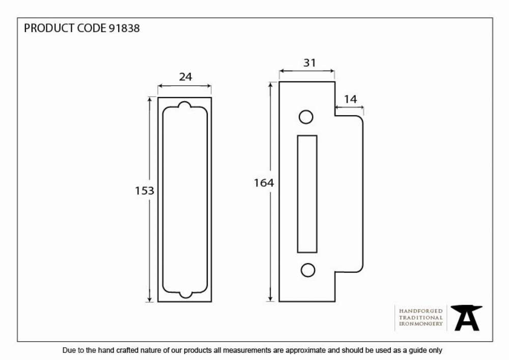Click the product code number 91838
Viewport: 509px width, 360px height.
pyautogui.click(x=124, y=28)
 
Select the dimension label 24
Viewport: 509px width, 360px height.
pyautogui.click(x=185, y=77)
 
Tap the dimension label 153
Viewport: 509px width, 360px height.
pyautogui.click(x=145, y=190)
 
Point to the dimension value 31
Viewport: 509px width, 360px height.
pyautogui.click(x=309, y=63)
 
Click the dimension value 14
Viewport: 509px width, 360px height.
pyautogui.click(x=350, y=99)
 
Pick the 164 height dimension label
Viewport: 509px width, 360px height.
pyautogui.click(x=264, y=183)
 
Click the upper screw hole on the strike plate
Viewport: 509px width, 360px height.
pyautogui.click(x=306, y=117)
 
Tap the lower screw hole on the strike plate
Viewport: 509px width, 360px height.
pyautogui.click(x=308, y=270)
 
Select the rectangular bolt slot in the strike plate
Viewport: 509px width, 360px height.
pyautogui.click(x=307, y=194)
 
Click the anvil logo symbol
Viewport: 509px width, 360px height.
pyautogui.click(x=466, y=318)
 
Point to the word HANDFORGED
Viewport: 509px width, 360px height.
pyautogui.click(x=421, y=311)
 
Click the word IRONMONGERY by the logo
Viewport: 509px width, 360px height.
pyautogui.click(x=421, y=324)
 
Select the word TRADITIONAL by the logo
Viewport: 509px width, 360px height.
pyautogui.click(x=421, y=317)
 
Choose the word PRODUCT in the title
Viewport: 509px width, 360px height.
pyautogui.click(x=49, y=28)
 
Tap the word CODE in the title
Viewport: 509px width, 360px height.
pyautogui.click(x=92, y=28)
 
